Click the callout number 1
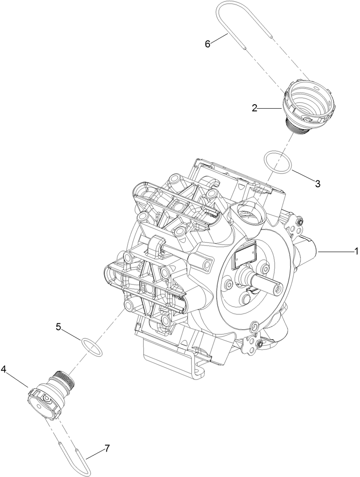(x=356, y=252)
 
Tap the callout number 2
(x=255, y=107)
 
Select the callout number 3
(x=317, y=183)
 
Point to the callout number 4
(x=4, y=369)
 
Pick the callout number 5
(x=58, y=326)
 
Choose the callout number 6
(x=207, y=44)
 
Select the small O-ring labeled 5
(x=92, y=347)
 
